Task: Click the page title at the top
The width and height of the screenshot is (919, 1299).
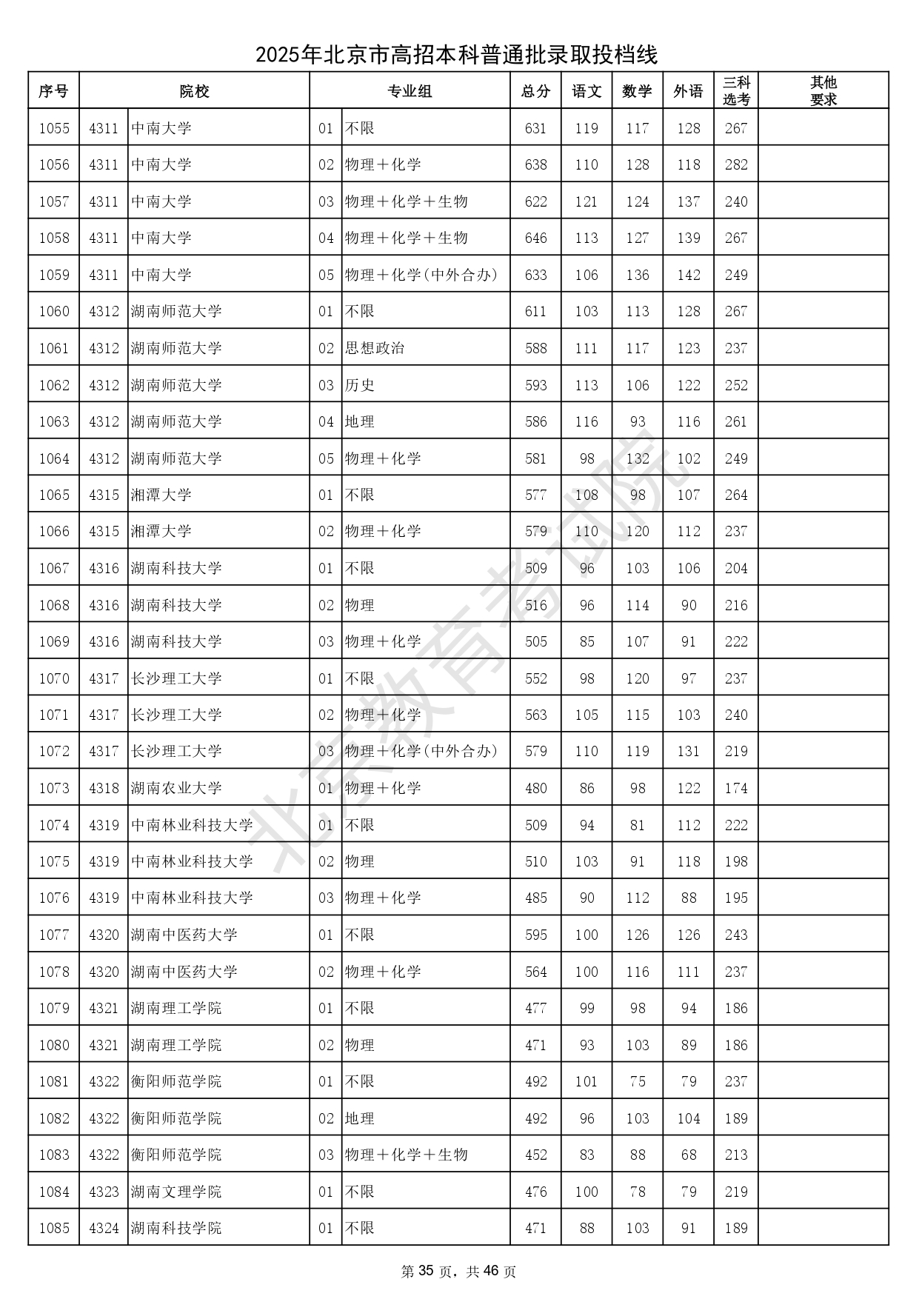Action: [457, 55]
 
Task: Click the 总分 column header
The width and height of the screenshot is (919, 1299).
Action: [535, 91]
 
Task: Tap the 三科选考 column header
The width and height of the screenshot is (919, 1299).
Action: [736, 91]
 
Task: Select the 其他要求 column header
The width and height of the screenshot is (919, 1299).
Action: [823, 91]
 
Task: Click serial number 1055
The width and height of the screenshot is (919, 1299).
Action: [54, 128]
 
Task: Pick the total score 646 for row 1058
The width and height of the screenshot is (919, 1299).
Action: [535, 238]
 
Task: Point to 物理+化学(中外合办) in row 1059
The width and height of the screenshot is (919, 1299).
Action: [421, 275]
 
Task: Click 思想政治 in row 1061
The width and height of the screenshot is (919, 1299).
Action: [375, 348]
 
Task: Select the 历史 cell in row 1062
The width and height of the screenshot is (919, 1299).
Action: [360, 385]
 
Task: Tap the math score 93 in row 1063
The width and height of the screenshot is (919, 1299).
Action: [638, 421]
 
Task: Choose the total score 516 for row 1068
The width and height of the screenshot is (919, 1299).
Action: [535, 605]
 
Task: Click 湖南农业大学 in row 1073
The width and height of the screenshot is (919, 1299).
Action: [176, 788]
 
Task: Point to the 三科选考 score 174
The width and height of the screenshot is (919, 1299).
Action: [736, 788]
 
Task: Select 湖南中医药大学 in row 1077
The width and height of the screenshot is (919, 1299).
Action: [184, 935]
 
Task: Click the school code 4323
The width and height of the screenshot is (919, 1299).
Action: [104, 1192]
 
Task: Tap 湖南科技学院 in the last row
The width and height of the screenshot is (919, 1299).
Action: [176, 1228]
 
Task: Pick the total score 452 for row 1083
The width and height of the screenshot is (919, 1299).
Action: [535, 1155]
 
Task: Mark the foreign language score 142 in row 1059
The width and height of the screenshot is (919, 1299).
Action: [689, 275]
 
